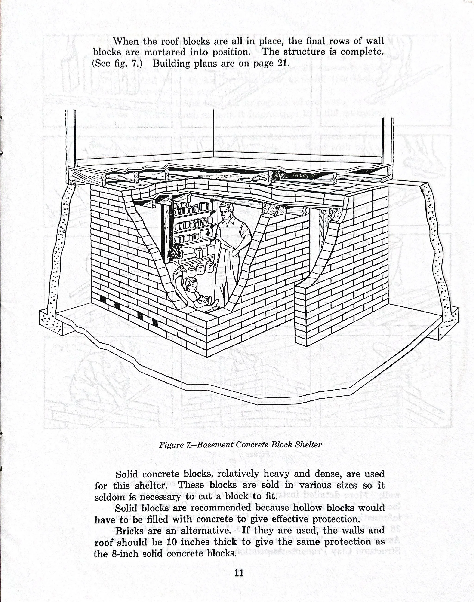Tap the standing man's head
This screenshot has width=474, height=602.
point(225,210)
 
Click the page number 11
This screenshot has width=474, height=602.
point(239,573)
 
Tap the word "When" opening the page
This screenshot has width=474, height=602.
point(126,41)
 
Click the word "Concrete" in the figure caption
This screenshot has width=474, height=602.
point(252,445)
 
